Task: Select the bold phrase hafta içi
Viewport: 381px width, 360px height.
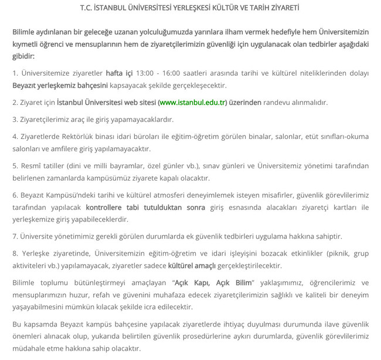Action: [x=119, y=73]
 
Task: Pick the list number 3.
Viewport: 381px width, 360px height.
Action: [x=15, y=119]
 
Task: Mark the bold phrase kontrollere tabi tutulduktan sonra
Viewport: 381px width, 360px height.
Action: [x=145, y=207]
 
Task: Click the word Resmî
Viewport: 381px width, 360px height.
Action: [x=31, y=165]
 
